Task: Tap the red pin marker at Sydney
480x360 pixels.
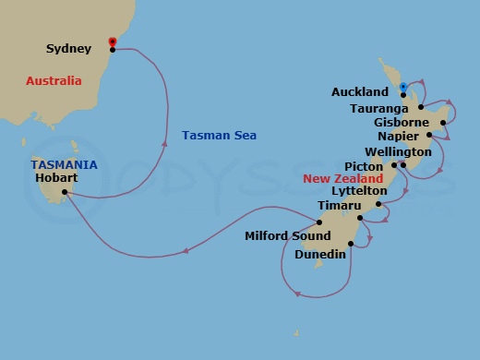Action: click(113, 42)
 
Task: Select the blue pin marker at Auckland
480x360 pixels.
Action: click(403, 87)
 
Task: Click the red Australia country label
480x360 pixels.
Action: click(54, 81)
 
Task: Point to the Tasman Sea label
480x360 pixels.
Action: click(219, 136)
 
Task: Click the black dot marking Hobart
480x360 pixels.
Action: click(66, 193)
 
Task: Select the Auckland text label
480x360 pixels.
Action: click(359, 92)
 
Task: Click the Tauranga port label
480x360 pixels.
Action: click(378, 107)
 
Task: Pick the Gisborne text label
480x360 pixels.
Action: click(402, 122)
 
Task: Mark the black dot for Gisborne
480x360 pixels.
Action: click(444, 122)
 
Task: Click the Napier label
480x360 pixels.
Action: click(397, 136)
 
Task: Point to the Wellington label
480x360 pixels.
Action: click(398, 151)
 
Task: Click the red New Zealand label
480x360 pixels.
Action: click(343, 178)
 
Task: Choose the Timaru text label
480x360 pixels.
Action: click(333, 205)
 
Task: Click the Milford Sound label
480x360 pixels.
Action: click(287, 236)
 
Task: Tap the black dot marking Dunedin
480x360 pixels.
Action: click(351, 244)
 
